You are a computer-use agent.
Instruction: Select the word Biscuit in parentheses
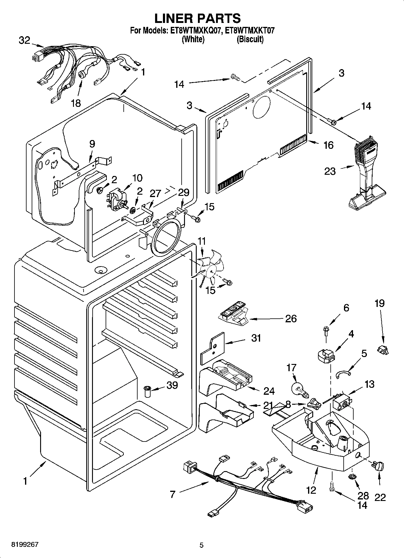(x=250, y=39)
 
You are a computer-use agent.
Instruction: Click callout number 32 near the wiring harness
(x=24, y=40)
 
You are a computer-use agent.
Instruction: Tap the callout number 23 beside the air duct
(x=330, y=171)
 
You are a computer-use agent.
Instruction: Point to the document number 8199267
(x=25, y=544)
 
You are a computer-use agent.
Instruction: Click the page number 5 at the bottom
(x=202, y=545)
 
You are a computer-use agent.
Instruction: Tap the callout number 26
(x=291, y=318)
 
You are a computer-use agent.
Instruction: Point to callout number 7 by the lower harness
(x=173, y=494)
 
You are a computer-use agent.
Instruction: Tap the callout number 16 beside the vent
(x=328, y=145)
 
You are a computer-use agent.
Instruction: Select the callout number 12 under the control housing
(x=311, y=490)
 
